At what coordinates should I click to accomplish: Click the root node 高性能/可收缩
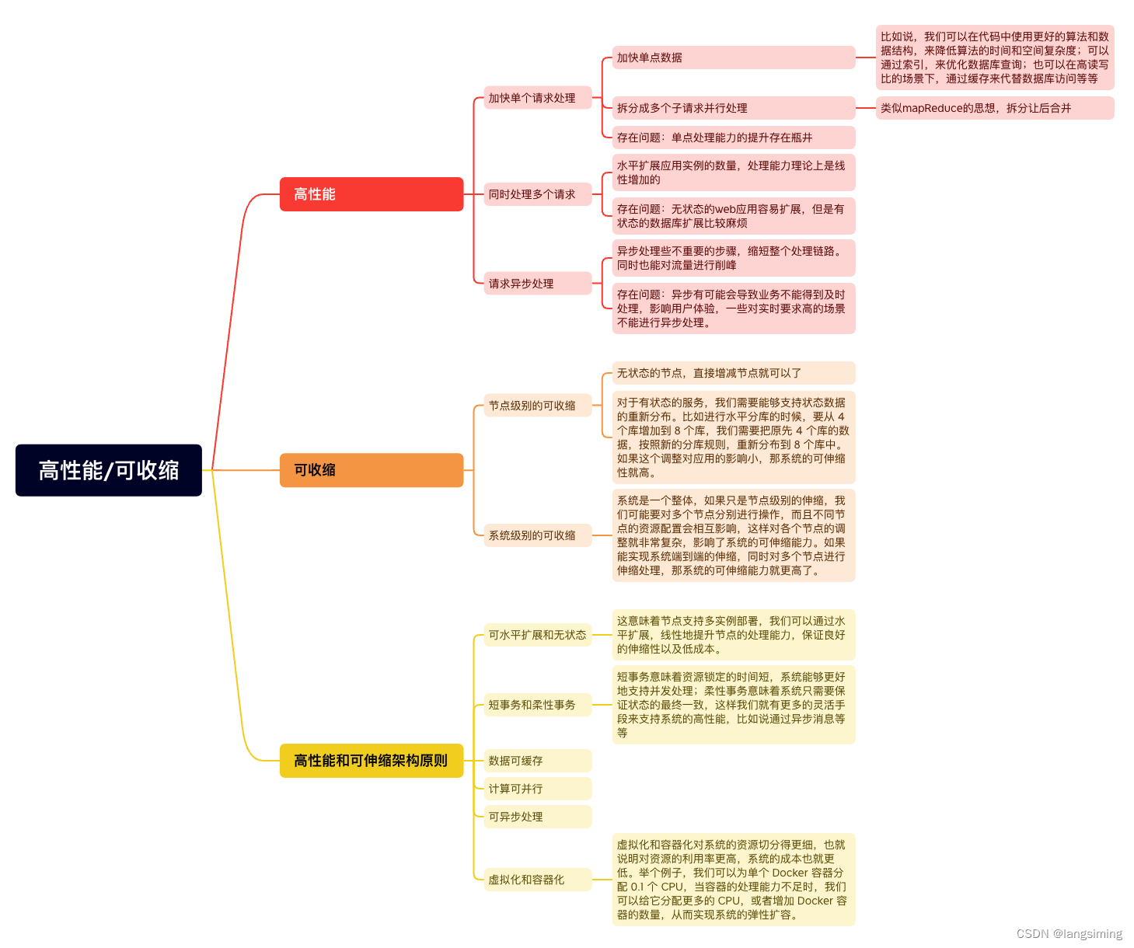109,470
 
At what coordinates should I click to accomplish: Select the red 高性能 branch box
372,193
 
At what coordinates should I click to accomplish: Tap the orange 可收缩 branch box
372,470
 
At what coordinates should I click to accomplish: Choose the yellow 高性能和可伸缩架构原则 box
372,761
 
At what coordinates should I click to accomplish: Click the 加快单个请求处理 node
538,98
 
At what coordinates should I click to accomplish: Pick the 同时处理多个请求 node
538,193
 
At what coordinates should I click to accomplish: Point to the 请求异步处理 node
538,284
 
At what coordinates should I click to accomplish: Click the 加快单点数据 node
734,58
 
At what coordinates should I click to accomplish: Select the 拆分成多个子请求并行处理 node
734,108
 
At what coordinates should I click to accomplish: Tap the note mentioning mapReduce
995,108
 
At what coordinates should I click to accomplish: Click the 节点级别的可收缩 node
538,406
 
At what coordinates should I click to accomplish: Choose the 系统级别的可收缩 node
538,535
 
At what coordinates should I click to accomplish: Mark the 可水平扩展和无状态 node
538,635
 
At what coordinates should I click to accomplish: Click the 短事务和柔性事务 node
538,705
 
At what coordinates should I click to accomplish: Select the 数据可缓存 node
538,761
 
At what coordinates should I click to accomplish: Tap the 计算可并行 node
538,789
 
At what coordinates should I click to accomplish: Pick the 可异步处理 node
538,817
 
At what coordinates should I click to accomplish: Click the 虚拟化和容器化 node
538,880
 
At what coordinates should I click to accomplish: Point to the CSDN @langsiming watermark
1069,933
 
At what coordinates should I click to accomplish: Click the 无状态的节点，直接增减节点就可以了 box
734,373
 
